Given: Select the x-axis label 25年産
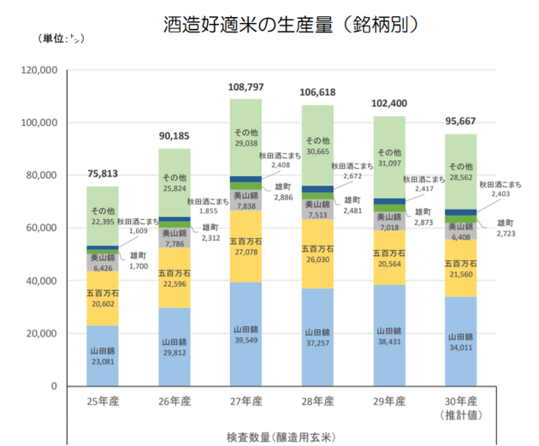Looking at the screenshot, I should tap(103, 401).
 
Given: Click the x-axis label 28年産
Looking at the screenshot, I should tap(317, 401).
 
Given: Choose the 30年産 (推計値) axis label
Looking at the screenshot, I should tap(461, 407).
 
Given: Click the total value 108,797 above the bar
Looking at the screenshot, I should tap(246, 87).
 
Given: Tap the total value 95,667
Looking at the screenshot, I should tap(461, 122).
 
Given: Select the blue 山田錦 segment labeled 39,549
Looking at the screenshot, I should tap(246, 334).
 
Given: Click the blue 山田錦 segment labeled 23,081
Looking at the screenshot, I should tap(103, 355).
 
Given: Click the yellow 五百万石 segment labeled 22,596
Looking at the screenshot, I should tap(175, 279).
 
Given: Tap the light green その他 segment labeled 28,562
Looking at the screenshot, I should tap(461, 171).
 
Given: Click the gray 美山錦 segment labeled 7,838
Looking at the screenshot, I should tap(246, 200).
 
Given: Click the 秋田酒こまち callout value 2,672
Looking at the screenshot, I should tap(352, 176).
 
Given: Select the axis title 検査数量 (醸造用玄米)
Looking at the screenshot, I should tap(281, 435).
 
